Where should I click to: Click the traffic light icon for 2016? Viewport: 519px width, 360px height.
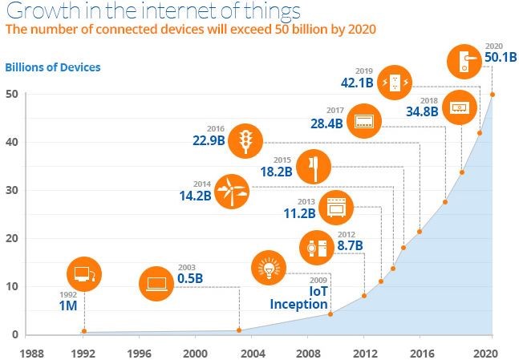(244, 140)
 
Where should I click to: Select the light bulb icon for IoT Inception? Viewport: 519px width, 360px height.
(267, 267)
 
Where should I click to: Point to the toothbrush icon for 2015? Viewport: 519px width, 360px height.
(313, 167)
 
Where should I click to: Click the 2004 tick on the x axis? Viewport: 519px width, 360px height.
(252, 352)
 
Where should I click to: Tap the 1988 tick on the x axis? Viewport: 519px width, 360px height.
(32, 352)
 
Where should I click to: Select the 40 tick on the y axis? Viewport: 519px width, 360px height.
(13, 143)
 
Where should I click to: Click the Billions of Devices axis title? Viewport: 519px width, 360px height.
(54, 67)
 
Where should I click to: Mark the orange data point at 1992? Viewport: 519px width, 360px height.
(84, 330)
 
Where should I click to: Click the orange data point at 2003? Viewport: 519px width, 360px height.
(239, 330)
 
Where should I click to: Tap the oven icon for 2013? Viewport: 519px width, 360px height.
(335, 207)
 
